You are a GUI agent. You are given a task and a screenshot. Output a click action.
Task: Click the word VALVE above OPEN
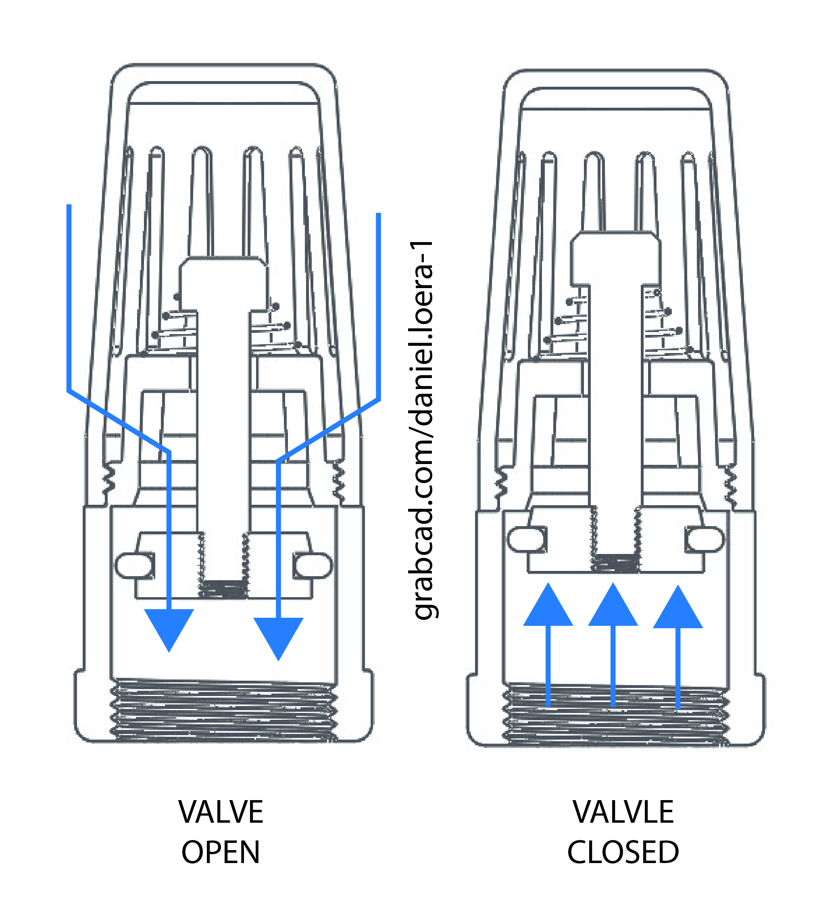(x=221, y=812)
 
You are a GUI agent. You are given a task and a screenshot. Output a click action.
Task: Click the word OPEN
(x=221, y=852)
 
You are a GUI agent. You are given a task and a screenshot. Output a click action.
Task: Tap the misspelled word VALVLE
(x=623, y=812)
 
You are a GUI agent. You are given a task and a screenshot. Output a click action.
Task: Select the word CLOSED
(x=623, y=852)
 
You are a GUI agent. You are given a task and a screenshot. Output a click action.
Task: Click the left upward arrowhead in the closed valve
(x=548, y=607)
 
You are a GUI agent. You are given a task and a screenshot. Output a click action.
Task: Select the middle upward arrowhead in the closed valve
(x=613, y=607)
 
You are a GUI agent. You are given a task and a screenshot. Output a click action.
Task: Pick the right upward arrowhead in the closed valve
(x=678, y=609)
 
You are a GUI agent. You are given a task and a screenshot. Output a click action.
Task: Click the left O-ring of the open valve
(x=134, y=566)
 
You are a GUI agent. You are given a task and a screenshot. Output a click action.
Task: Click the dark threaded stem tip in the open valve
(x=223, y=589)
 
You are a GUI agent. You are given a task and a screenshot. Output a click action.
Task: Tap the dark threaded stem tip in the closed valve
(x=616, y=563)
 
